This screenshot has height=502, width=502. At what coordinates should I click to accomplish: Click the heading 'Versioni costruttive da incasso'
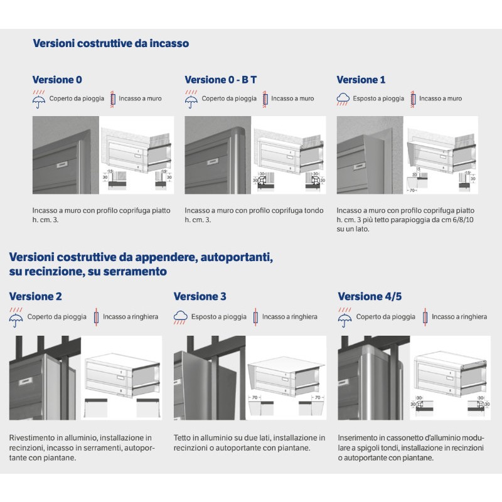point(110,44)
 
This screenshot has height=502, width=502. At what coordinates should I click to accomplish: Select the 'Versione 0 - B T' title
point(220,80)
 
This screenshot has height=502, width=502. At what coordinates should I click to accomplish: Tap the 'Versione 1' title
point(361,80)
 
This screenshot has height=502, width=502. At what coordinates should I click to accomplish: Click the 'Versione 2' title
point(36,296)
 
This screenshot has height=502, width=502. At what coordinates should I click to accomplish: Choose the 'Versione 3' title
point(200,296)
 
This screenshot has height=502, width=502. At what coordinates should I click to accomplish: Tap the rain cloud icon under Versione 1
point(343,99)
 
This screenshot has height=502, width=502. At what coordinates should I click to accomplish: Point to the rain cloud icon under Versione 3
point(181,317)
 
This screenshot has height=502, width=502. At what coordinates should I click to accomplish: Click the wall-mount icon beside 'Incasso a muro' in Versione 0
point(114,99)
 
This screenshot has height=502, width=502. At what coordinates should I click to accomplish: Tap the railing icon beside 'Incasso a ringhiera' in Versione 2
point(97,317)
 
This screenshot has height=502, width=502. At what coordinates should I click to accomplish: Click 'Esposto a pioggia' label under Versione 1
point(378,99)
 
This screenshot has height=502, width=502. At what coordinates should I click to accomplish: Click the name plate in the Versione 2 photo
point(26,380)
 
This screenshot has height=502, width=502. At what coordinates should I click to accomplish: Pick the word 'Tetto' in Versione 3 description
point(183,437)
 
